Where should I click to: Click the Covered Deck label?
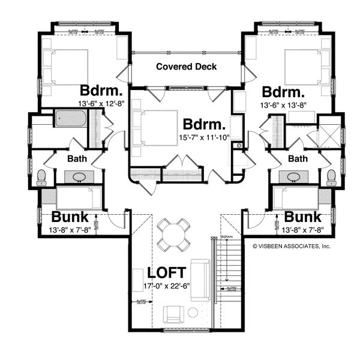[186, 66]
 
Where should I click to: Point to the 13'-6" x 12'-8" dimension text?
[102, 104]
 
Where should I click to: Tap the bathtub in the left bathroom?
[71, 119]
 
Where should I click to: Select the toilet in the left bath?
[41, 176]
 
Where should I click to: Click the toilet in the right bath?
[331, 176]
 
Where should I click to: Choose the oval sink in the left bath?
[79, 178]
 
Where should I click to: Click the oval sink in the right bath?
[293, 178]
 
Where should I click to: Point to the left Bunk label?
[70, 217]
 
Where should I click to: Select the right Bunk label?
[302, 217]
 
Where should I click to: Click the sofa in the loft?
[203, 280]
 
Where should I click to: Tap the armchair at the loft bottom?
[174, 313]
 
